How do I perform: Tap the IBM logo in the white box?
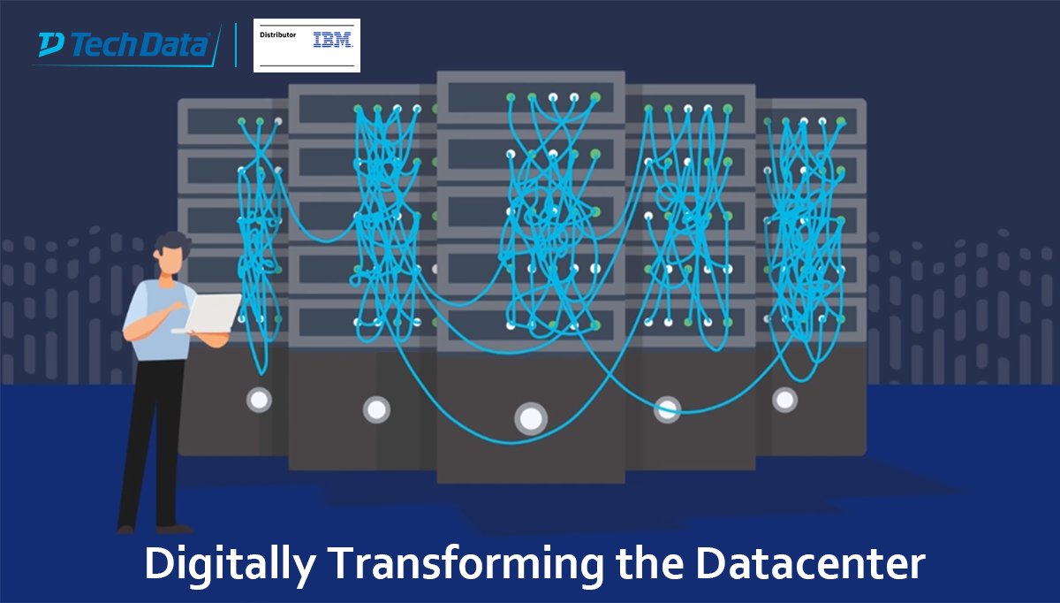coord(333,39)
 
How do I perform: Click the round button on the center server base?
coord(531,417)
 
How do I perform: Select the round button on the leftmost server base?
coord(259,400)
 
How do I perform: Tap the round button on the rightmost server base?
coord(784,400)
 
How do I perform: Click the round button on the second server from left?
coord(376,409)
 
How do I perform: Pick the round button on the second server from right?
coord(668,408)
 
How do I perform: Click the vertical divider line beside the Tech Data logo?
coord(236,45)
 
